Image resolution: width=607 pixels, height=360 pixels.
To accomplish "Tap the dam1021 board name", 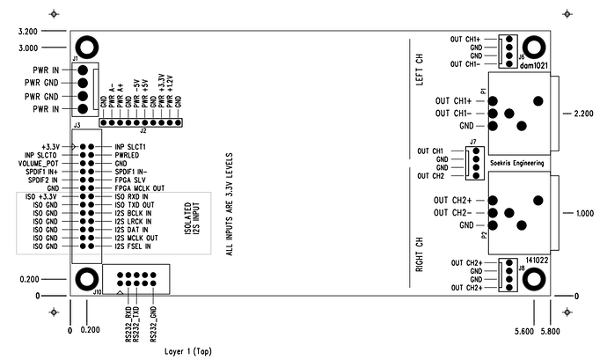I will tap(533, 66).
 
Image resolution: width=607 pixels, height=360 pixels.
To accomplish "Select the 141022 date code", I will tap(537, 261).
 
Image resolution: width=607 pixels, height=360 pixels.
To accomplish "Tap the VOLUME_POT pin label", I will tap(38, 163).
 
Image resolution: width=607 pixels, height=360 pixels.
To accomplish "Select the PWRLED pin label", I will tap(128, 155).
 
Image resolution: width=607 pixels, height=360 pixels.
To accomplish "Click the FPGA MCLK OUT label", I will tap(139, 187).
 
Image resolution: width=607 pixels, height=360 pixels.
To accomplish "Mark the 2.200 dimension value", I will tap(584, 114).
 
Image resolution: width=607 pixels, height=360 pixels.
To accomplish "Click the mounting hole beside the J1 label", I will tap(86, 48).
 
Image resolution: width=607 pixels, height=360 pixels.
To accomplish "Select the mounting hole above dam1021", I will tap(533, 48).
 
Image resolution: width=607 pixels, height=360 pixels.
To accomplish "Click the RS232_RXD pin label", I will tap(128, 322).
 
